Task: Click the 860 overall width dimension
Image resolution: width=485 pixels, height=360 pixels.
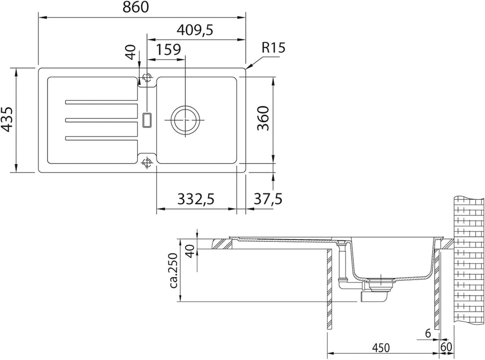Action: [136, 8]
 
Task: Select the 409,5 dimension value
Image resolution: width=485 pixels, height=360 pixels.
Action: [195, 30]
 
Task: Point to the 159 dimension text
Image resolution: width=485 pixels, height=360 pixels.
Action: [168, 49]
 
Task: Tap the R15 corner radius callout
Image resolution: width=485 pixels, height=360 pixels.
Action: [273, 48]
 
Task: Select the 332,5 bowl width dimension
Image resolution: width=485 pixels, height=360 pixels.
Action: [196, 198]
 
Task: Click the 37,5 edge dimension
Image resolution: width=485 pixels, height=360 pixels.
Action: [268, 198]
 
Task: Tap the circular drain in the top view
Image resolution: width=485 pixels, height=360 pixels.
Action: [185, 120]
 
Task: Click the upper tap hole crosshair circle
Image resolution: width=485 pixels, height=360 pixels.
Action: [146, 77]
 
